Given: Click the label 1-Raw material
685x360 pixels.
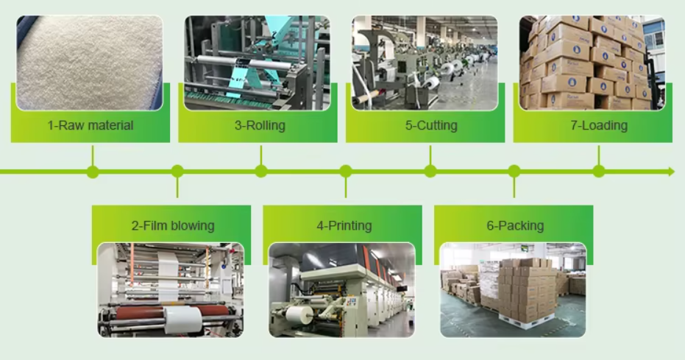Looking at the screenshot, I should pos(90,125).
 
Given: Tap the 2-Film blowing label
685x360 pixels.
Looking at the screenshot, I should pos(173,225).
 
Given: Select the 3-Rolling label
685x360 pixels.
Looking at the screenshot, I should pos(260,125).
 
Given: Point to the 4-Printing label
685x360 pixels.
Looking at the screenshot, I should pos(344,225).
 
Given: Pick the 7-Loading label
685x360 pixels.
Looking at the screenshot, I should pos(599,125).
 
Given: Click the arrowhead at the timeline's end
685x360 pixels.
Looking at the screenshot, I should pos(670,172).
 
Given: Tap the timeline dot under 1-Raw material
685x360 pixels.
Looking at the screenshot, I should pos(93,172).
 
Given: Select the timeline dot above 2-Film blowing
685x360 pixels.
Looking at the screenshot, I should pos(177,172).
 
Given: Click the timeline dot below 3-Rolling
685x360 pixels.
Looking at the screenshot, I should pos(261,172).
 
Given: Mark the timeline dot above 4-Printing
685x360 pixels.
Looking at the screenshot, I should pos(346,172).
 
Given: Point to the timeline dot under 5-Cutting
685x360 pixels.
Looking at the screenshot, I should pos(430,172).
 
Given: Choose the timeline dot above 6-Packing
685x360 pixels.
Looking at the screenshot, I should pos(514,172).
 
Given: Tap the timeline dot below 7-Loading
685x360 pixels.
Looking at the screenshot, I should pos(599,172).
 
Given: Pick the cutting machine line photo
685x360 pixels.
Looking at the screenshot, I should pos(425,63).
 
